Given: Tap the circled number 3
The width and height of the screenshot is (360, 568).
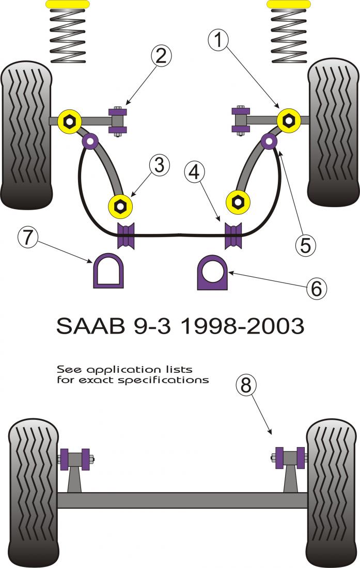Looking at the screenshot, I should click(160, 165).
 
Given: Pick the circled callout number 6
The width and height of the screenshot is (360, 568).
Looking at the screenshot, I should click(316, 288).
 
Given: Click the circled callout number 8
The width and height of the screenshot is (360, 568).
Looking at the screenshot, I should click(246, 385).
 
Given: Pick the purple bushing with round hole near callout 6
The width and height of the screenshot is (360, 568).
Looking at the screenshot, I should click(212, 272).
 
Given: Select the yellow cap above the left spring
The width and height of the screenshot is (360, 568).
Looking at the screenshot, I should click(68, 4).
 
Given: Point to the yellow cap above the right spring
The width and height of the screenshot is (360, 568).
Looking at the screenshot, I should click(289, 4).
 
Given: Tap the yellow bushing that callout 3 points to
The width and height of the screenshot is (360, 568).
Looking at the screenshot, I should click(120, 206).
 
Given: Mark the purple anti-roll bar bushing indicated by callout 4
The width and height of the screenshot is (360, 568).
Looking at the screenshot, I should click(233, 235).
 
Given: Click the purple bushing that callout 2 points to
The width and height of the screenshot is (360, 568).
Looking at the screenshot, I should click(119, 121).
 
